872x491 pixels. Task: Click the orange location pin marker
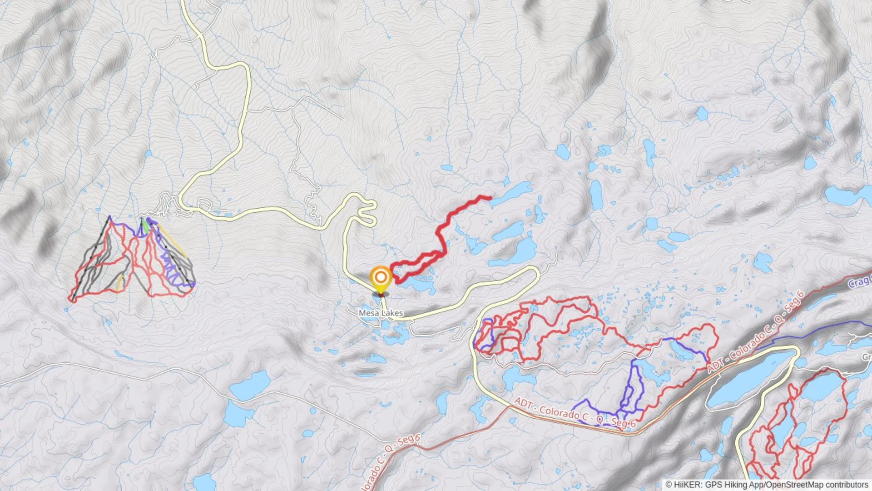381,277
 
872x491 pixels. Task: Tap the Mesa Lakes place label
381,313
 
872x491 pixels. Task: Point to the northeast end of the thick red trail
490,198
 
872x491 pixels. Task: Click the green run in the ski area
144,225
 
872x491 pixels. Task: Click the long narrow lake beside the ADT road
749,380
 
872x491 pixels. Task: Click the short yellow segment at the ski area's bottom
119,283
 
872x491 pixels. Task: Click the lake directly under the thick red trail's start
418,284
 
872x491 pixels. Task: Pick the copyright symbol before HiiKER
669,485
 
